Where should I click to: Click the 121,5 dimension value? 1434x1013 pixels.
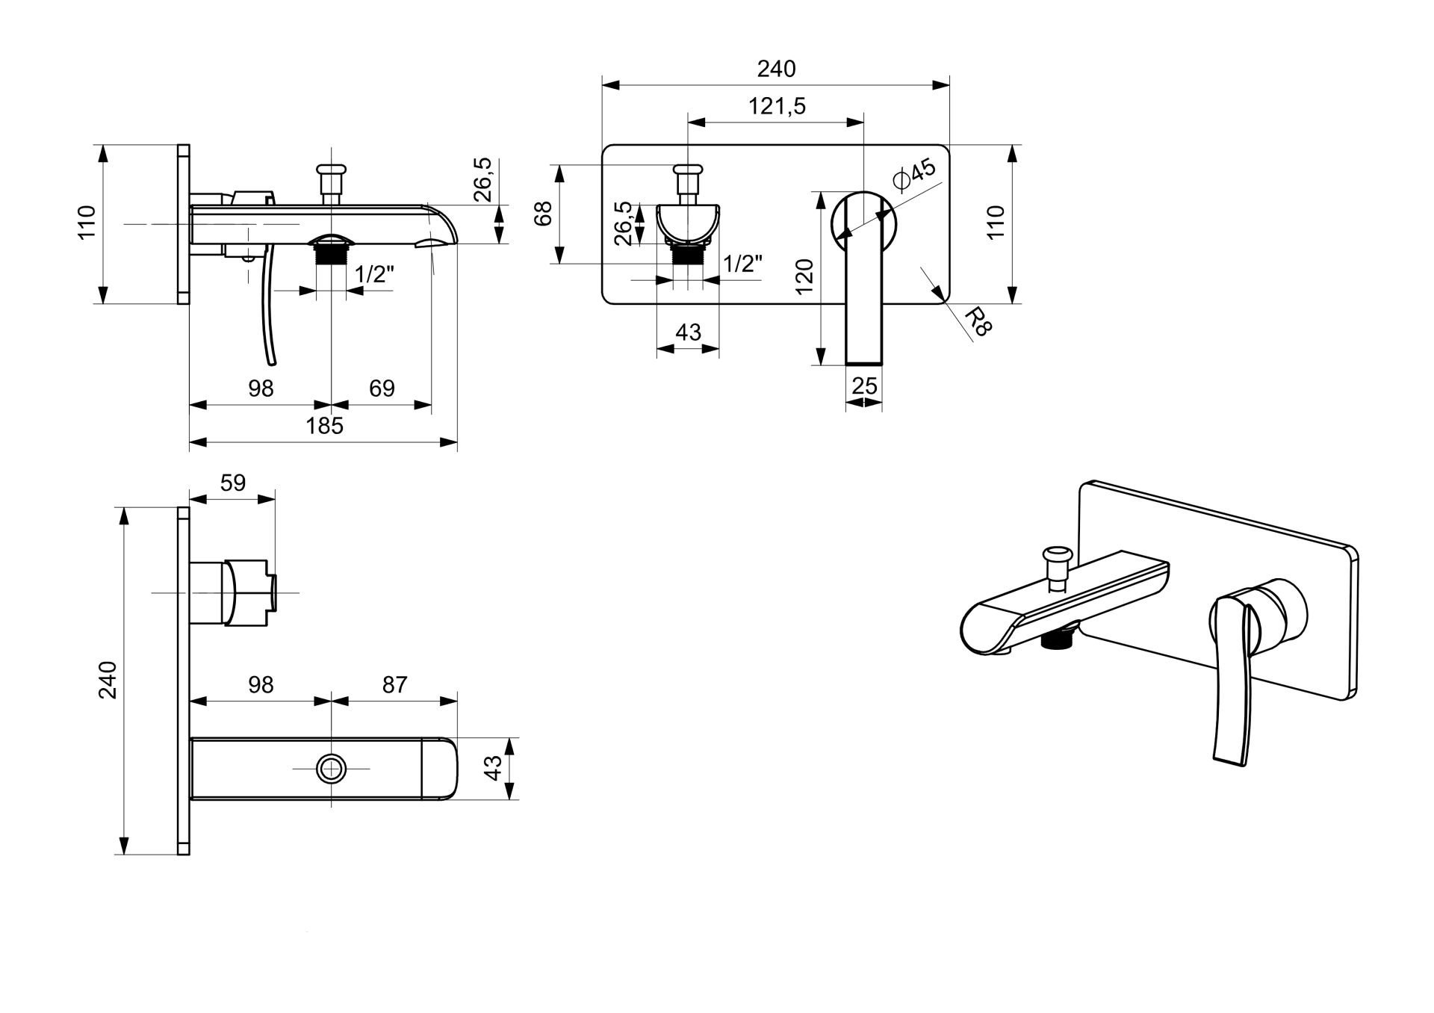[777, 106]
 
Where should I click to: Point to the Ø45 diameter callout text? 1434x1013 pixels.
[914, 174]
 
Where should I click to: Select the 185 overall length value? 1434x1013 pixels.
[325, 426]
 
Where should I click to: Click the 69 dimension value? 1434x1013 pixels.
[382, 388]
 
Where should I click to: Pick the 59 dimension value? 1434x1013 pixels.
[233, 483]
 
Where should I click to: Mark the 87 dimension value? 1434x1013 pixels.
[394, 684]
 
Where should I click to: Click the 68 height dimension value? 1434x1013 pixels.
[544, 214]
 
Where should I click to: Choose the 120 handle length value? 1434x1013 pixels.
[804, 276]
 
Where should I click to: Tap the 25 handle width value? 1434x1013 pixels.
[864, 386]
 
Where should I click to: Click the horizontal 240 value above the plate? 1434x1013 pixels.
[777, 69]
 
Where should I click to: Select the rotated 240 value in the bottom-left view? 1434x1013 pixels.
[109, 679]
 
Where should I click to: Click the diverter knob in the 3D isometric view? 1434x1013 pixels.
[1058, 557]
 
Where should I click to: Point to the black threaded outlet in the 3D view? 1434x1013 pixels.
[1058, 639]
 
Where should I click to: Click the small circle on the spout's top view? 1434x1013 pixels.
[331, 768]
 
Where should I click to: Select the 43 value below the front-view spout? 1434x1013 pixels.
[688, 332]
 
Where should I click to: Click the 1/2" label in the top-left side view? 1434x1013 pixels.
[374, 274]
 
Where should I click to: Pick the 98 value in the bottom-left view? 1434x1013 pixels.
[261, 684]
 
